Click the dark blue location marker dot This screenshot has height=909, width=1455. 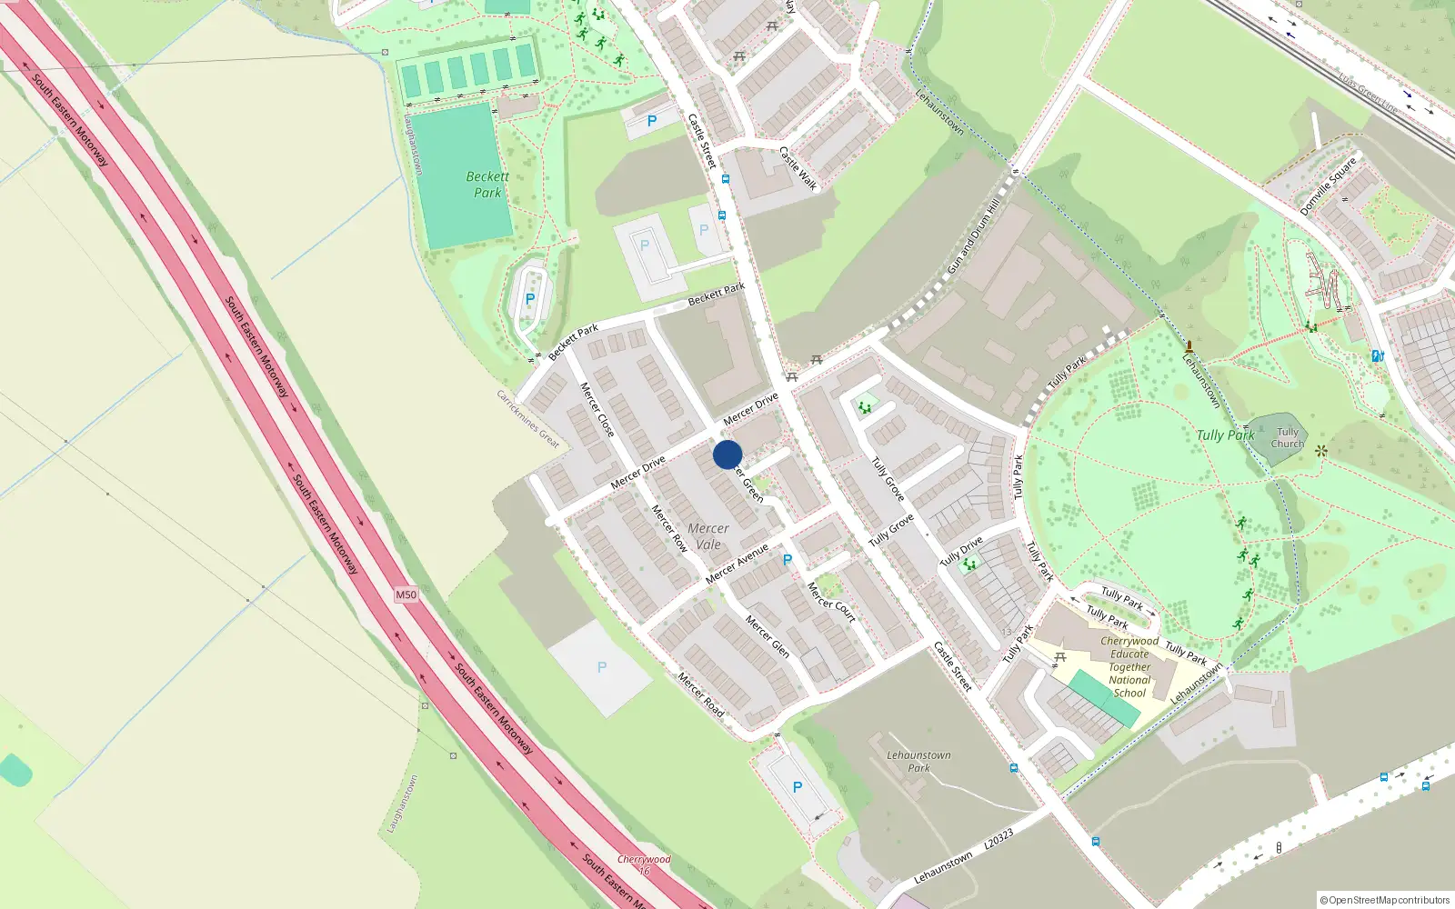pyautogui.click(x=727, y=454)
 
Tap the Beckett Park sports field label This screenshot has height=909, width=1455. pyautogui.click(x=487, y=185)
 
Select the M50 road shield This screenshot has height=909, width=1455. pyautogui.click(x=406, y=594)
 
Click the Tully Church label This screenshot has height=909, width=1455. pyautogui.click(x=1288, y=438)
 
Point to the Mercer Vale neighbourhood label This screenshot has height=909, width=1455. pyautogui.click(x=708, y=536)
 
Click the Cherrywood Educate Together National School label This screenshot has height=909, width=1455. pyautogui.click(x=1129, y=666)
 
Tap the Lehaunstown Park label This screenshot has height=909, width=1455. pyautogui.click(x=918, y=761)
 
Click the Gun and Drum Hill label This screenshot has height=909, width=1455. pyautogui.click(x=973, y=236)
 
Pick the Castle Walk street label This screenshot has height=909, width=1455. pyautogui.click(x=798, y=168)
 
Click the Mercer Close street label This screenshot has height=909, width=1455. pyautogui.click(x=597, y=409)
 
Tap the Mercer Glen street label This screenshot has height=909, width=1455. pyautogui.click(x=768, y=636)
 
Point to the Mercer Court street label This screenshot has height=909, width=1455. pyautogui.click(x=831, y=602)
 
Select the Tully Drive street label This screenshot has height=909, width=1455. pyautogui.click(x=961, y=551)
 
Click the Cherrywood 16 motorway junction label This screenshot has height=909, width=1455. pyautogui.click(x=644, y=864)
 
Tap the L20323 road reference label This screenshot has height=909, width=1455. pyautogui.click(x=998, y=839)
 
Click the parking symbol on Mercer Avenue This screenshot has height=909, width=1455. pyautogui.click(x=788, y=560)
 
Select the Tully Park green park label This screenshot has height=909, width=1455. pyautogui.click(x=1225, y=435)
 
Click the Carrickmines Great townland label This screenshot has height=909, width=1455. pyautogui.click(x=527, y=418)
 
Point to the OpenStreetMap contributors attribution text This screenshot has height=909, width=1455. pyautogui.click(x=1385, y=900)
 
